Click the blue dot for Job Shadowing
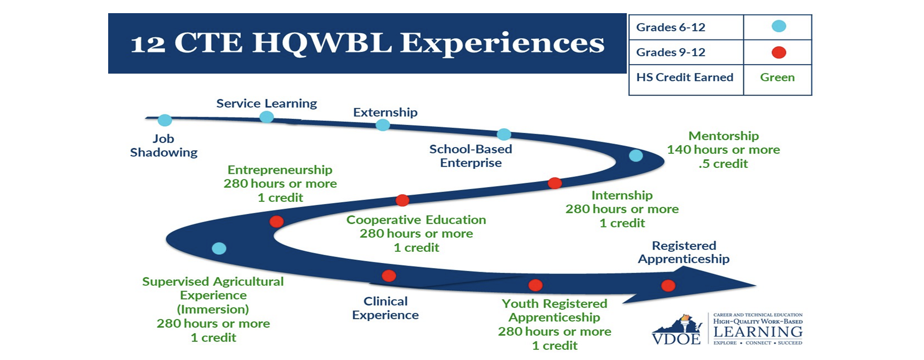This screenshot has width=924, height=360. coord(165,120)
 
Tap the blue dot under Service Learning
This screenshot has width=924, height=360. coord(266,117)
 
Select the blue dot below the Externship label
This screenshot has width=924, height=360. coord(383,125)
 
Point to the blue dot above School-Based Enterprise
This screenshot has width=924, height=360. coord(504,134)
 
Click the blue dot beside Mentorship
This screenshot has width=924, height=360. coord(636,156)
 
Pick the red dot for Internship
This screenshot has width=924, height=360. coord(555,183)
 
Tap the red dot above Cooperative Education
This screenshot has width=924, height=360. coord(402,200)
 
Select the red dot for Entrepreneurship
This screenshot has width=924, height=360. coord(276,221)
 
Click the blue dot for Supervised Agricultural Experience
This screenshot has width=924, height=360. coord(219,248)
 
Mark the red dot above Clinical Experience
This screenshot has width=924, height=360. coord(389,276)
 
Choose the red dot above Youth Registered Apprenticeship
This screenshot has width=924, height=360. coord(535,285)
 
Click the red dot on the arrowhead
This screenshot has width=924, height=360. coord(668,286)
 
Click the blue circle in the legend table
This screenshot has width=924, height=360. coord(779,26)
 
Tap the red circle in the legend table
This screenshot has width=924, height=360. coord(779,52)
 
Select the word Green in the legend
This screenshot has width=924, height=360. coord(777,77)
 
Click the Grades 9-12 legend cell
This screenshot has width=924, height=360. coord(686,52)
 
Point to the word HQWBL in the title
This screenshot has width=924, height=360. coord(322,42)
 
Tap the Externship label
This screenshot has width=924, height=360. coord(385,112)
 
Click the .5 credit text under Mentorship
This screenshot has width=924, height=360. coord(723,164)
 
